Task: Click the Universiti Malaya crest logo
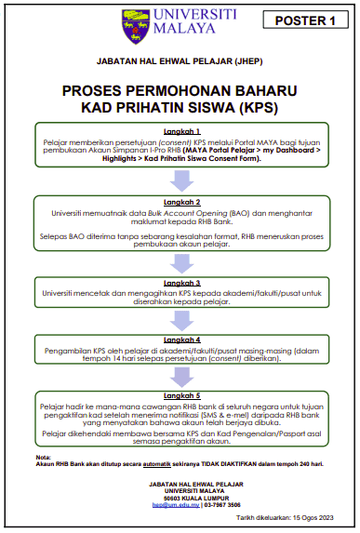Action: pos(134,26)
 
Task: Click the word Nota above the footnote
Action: pos(43,457)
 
